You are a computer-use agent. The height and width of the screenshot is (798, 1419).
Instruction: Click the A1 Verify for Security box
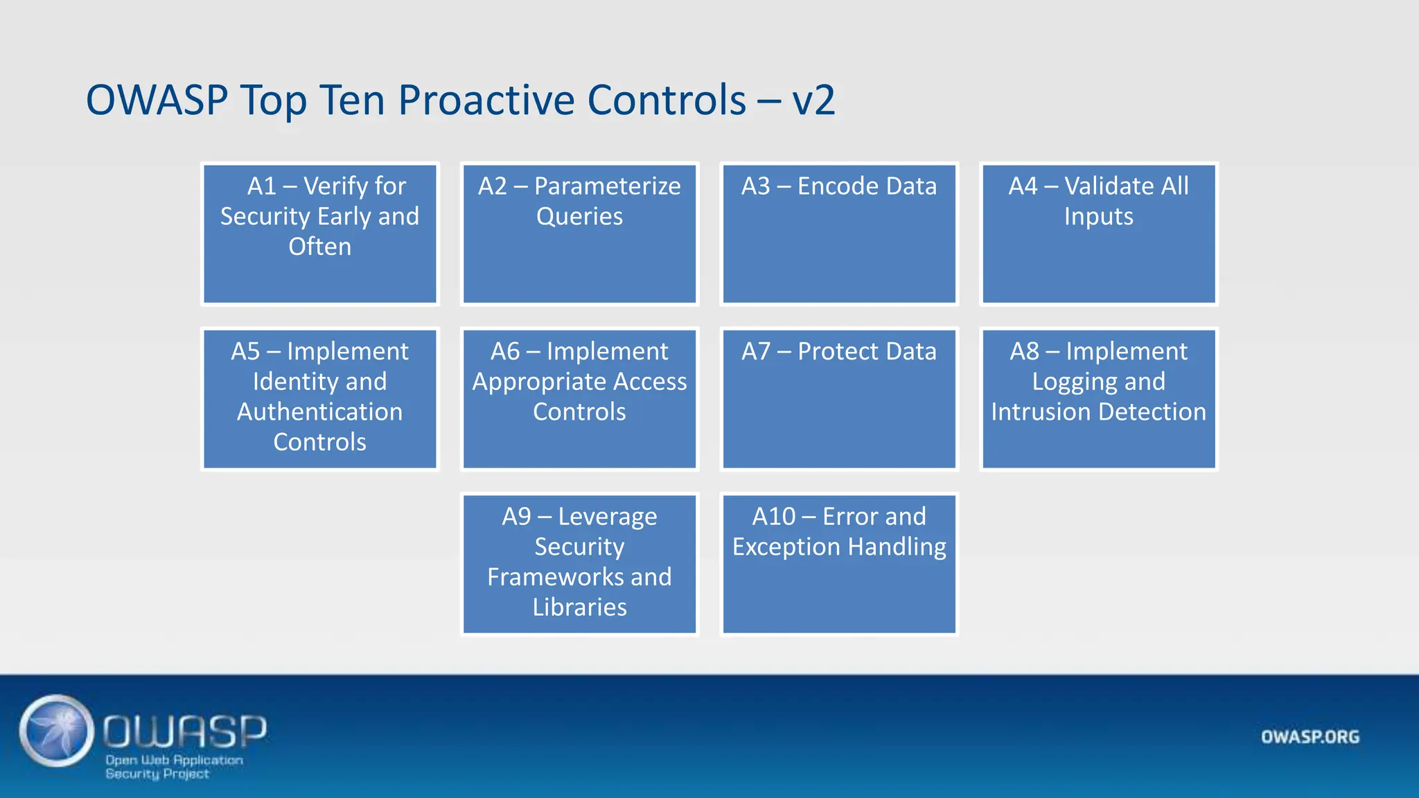pos(319,234)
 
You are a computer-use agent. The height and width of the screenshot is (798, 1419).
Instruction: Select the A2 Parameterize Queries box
pos(579,234)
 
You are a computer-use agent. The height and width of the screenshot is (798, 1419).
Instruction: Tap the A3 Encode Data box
pos(839,234)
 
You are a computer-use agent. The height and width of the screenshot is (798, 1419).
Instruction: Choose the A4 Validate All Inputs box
pos(1099,234)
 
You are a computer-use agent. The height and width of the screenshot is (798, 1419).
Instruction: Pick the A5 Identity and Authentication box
pos(319,399)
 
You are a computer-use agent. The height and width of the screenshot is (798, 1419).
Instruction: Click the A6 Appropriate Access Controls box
pos(579,399)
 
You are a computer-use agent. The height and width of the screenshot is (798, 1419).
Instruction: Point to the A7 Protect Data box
pos(839,399)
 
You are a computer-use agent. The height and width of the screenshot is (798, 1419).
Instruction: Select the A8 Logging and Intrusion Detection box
pos(1099,399)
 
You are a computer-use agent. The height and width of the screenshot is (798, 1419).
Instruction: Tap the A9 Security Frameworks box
pos(579,564)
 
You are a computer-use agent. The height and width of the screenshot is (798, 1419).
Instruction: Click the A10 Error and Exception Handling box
pos(839,564)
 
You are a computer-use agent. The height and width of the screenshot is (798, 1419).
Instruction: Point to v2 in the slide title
pos(813,100)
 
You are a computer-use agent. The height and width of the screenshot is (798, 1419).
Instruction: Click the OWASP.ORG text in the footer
pos(1310,737)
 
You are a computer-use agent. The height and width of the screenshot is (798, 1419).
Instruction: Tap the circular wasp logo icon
pos(57,731)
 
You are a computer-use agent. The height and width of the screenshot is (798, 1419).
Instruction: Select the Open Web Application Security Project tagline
pos(173,767)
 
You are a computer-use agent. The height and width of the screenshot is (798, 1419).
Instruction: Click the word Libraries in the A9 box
pos(579,608)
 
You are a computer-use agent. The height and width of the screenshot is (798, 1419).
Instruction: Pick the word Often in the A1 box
pos(319,247)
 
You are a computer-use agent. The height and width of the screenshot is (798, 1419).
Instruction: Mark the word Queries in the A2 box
pos(579,217)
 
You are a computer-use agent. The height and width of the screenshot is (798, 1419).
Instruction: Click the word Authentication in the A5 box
pos(319,412)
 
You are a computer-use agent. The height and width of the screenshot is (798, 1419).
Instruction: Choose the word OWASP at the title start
pos(157,100)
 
